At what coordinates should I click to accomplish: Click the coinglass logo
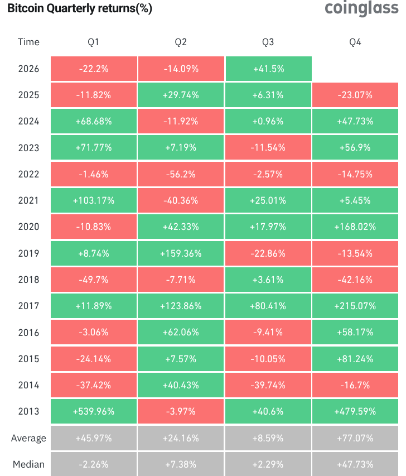361,8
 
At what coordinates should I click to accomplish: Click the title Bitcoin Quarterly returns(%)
80,8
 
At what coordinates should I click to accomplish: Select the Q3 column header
268,42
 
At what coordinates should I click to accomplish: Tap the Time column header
28,42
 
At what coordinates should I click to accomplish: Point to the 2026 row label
28,69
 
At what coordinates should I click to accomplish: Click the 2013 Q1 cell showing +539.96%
94,411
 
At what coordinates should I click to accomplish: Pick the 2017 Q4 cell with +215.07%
355,306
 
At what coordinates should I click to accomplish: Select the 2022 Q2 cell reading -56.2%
181,174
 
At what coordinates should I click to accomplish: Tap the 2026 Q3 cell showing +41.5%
269,69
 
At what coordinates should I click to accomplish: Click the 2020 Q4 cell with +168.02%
355,227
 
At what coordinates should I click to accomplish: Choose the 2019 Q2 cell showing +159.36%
181,253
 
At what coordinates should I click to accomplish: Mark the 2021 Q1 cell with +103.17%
94,200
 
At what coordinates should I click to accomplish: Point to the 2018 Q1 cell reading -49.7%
94,280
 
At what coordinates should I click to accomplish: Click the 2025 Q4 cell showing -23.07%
355,95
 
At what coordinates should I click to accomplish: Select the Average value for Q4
355,438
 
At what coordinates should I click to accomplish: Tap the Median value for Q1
94,464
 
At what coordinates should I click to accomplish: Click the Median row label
28,464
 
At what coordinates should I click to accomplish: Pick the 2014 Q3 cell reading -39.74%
268,385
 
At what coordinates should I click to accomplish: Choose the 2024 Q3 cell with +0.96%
268,121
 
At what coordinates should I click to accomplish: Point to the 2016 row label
28,333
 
